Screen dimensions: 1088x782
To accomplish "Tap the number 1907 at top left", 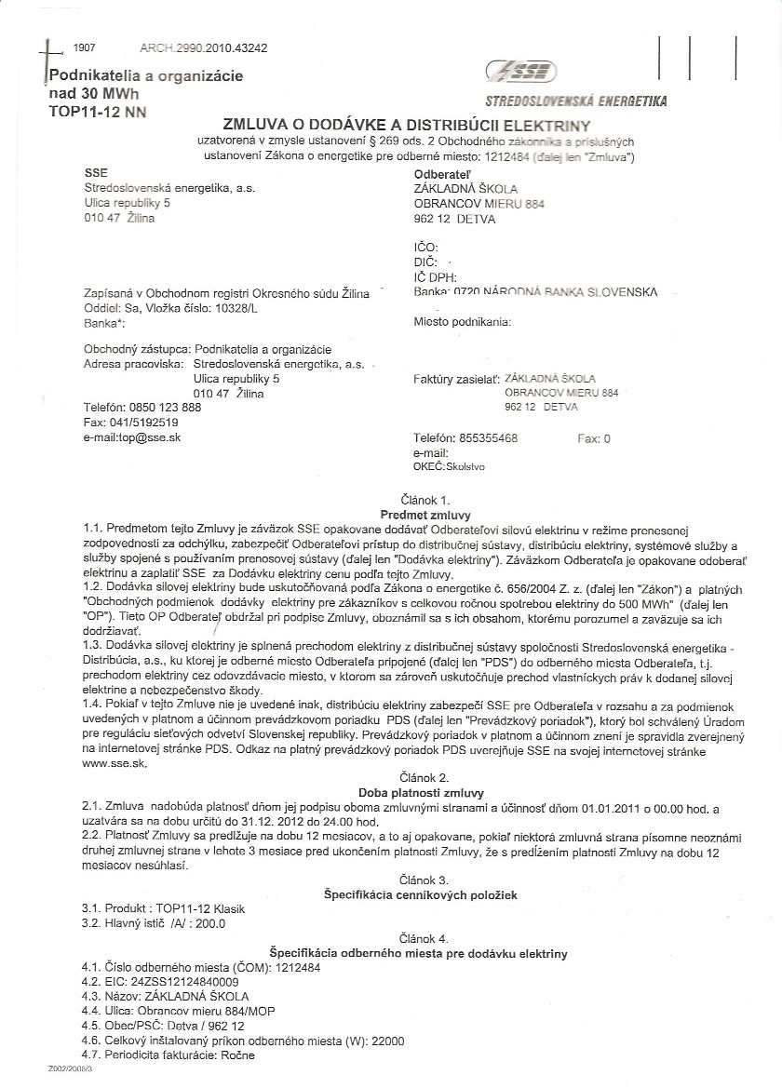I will tap(84, 47).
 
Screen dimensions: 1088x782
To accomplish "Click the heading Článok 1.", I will tap(425, 500).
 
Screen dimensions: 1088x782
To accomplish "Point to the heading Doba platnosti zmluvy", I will tap(425, 791).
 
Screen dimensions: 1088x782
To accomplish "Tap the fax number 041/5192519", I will tap(143, 422).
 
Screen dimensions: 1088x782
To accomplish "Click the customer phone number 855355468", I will tap(489, 438).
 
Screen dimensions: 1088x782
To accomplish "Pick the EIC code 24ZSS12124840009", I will tap(178, 981).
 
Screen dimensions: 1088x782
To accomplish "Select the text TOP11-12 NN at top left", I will tap(97, 113).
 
